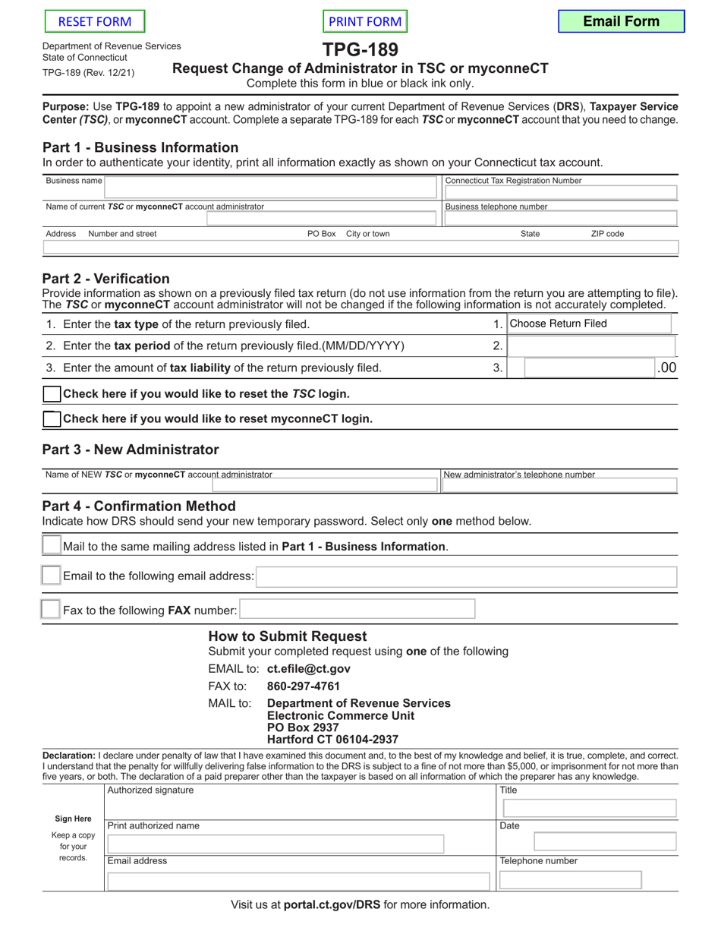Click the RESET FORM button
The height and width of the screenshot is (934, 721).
[x=95, y=22]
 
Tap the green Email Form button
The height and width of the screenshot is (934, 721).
[x=621, y=21]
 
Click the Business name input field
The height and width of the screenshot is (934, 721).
[x=271, y=187]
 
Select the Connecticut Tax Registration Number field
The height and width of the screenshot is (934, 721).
[x=560, y=193]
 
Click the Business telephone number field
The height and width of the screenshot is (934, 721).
[x=560, y=219]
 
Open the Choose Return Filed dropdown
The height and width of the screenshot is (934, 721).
[x=589, y=324]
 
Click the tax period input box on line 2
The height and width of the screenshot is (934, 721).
[x=590, y=346]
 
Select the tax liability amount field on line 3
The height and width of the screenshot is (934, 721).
[x=589, y=368]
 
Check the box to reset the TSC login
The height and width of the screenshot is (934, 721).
[x=52, y=394]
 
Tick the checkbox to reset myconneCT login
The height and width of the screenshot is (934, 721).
[x=52, y=419]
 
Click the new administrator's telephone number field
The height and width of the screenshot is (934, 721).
[x=560, y=485]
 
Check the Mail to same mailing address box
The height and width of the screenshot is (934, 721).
[x=51, y=546]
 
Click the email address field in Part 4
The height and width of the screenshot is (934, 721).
[x=466, y=576]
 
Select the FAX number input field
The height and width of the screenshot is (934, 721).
[x=357, y=610]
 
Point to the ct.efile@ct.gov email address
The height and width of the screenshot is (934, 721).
[x=308, y=669]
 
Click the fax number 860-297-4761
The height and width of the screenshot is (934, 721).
[x=304, y=686]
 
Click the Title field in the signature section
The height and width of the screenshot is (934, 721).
[x=587, y=807]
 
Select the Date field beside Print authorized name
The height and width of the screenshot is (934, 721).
[x=605, y=841]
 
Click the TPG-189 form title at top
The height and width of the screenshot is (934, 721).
[x=360, y=50]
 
